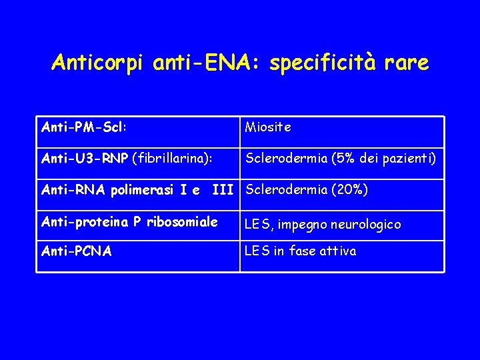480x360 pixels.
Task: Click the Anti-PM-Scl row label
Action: (x=85, y=125)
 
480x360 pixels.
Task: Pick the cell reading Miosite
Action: (x=268, y=127)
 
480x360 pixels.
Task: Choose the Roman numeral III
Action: (x=223, y=190)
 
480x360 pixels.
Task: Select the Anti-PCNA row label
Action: (x=77, y=251)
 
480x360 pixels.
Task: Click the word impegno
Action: (x=299, y=225)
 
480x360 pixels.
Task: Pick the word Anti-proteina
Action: (x=86, y=222)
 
